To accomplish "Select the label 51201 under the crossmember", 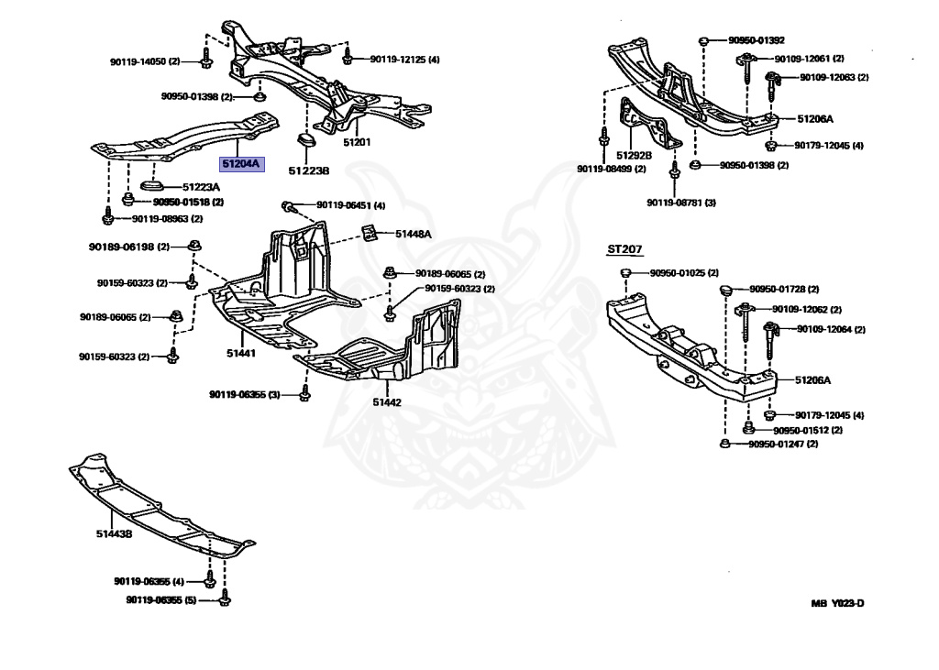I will [357, 142].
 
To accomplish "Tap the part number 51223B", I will [308, 170].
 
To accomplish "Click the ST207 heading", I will [624, 248].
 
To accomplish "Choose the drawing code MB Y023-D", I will [837, 602].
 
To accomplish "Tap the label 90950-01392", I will [757, 40].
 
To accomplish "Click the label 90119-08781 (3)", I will [680, 202].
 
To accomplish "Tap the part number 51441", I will [242, 353].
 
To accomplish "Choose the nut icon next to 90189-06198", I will [194, 246].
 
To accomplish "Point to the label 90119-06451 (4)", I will [350, 205].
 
